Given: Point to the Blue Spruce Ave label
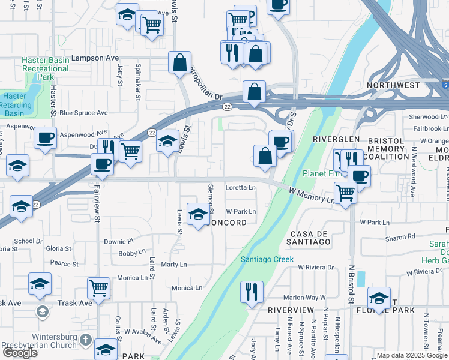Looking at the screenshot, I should (83, 112).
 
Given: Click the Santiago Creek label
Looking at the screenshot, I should (267, 259).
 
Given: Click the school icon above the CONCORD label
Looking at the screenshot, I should (198, 214).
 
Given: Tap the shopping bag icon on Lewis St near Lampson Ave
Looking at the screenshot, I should (179, 62).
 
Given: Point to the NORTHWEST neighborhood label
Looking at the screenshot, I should (395, 85).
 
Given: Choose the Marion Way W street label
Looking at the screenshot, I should (304, 297).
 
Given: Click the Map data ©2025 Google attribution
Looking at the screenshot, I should (412, 355).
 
